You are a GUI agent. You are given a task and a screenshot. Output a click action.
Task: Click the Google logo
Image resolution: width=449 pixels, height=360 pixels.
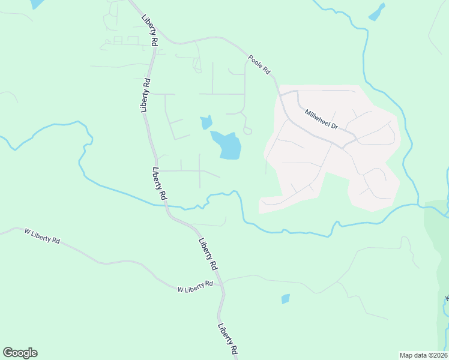(20, 353)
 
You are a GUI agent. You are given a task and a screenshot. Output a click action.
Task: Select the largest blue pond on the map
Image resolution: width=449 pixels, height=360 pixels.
(228, 146)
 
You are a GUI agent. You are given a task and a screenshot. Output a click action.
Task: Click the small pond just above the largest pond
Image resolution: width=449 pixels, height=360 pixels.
(206, 122)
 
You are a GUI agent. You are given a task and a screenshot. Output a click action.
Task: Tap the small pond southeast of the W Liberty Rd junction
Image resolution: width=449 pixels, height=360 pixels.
(285, 298)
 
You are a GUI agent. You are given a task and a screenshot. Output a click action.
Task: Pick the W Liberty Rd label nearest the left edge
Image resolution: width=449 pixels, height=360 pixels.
(42, 236)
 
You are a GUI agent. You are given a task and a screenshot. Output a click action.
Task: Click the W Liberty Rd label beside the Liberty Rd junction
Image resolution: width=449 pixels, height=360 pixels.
(195, 286)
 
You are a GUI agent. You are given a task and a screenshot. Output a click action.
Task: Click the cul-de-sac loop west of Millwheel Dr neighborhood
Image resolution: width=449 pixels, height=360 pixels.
(247, 130)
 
